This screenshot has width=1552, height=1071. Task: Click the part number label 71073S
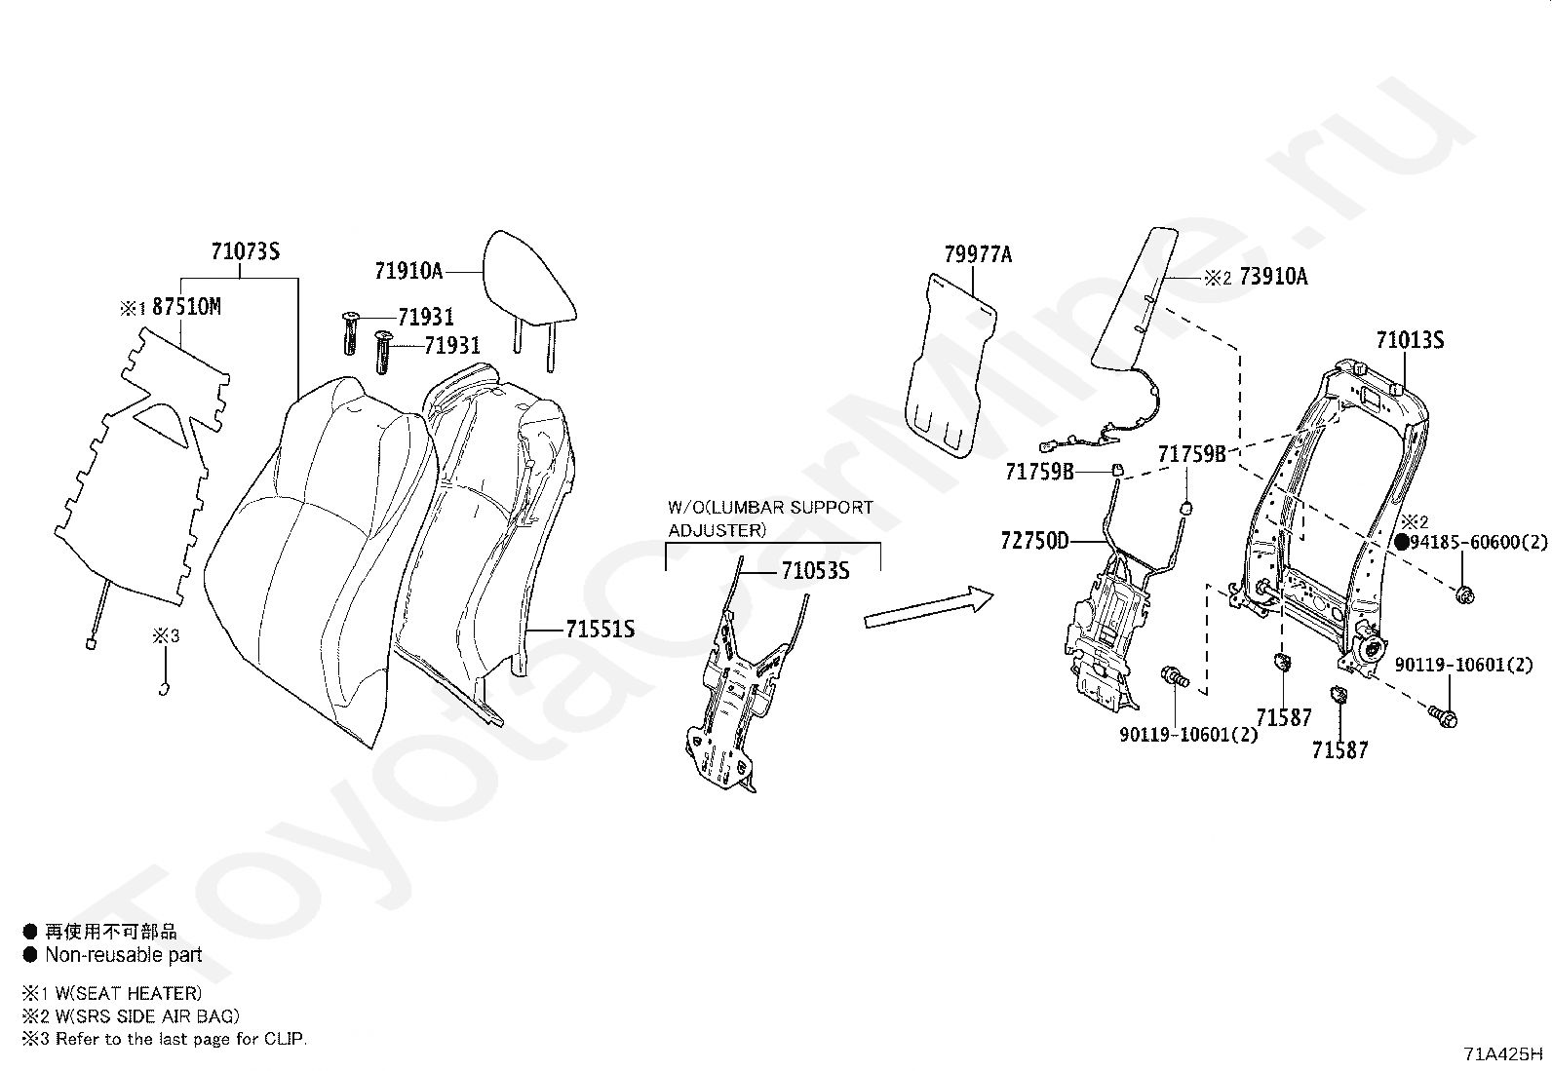[x=246, y=251]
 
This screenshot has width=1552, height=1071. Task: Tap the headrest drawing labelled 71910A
[x=530, y=277]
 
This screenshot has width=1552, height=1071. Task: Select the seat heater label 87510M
[x=186, y=307]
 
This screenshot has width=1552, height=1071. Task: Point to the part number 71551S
[x=601, y=630]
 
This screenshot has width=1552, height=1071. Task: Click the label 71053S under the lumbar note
[x=815, y=571]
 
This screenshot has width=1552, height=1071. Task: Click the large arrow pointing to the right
[x=927, y=607]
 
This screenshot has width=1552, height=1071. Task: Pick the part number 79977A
[x=978, y=255]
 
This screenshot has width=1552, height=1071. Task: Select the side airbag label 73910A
[x=1273, y=278]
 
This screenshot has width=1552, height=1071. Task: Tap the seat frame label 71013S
[x=1410, y=340]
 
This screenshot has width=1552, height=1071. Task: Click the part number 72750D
[x=1034, y=541]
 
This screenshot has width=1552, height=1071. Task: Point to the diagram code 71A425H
[x=1502, y=1053]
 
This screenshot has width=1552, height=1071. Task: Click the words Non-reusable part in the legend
[x=123, y=955]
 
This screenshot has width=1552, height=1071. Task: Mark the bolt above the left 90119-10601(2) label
[x=1175, y=675]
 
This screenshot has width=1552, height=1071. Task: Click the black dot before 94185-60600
[x=1402, y=543]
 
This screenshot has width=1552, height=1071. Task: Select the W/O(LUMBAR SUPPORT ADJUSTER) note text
[x=770, y=518]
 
